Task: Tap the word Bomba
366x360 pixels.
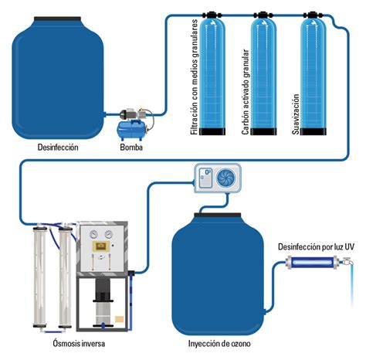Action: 130,146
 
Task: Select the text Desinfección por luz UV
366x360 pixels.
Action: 316,246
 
